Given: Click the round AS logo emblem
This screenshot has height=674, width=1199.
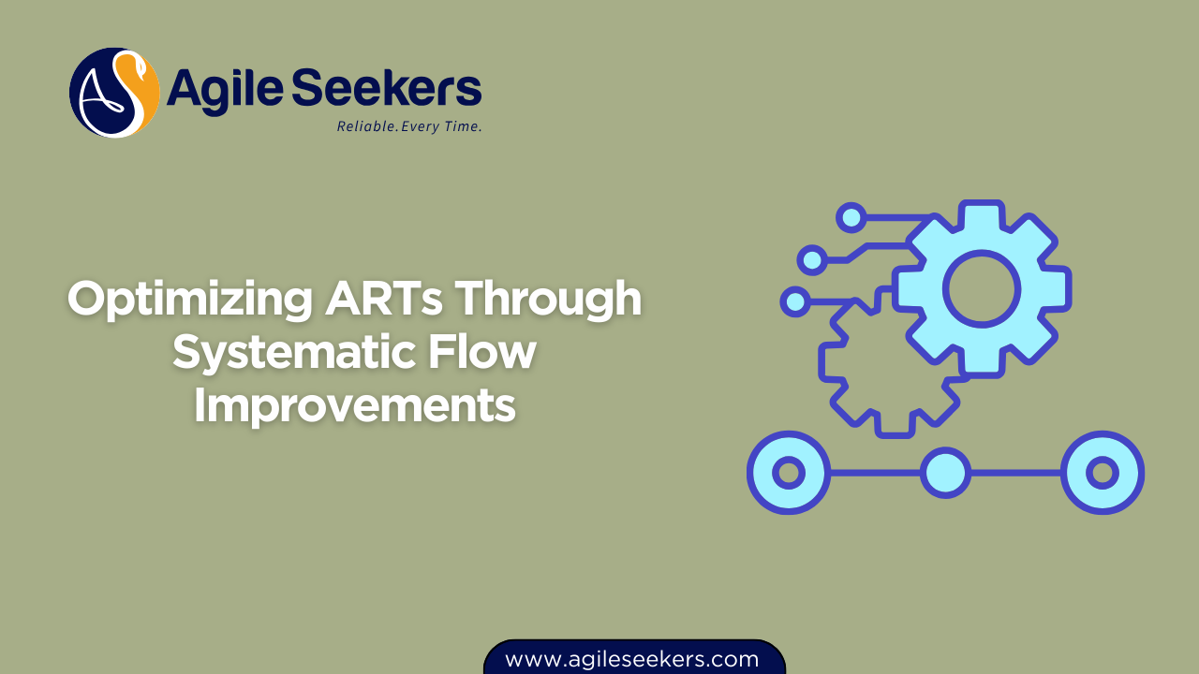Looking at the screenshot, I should tap(114, 93).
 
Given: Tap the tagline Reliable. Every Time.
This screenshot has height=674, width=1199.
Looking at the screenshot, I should tap(409, 126).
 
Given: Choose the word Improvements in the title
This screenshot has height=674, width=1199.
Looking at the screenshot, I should tap(355, 406).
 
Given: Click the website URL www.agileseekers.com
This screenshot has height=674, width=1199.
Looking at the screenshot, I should tap(632, 659).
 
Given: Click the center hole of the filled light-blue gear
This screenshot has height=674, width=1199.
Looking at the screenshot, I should tap(981, 287).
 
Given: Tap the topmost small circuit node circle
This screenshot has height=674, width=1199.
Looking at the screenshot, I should tap(851, 217).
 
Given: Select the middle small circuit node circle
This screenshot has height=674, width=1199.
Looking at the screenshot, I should tap(812, 259).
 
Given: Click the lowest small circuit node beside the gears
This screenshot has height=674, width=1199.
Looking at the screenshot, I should tap(795, 300).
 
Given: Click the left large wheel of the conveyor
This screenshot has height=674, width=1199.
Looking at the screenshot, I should tap(789, 472).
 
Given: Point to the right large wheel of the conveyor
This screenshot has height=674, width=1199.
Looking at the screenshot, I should tap(1103, 472).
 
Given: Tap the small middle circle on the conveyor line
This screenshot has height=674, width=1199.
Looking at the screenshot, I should tap(944, 472).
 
